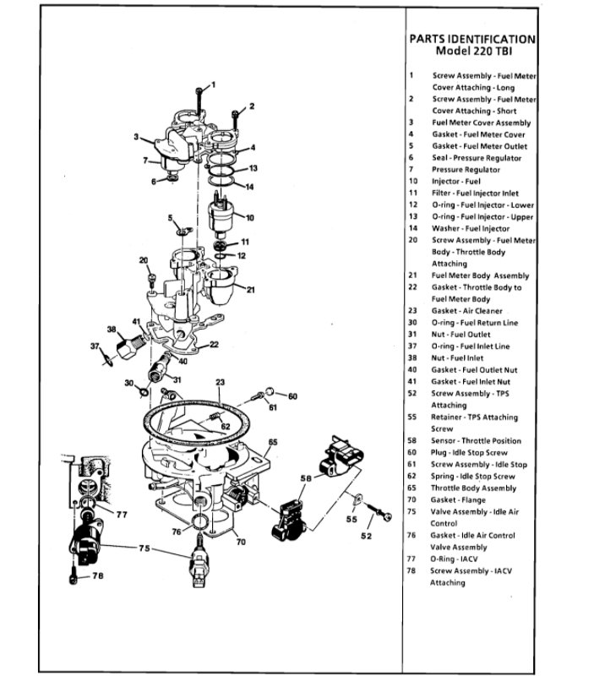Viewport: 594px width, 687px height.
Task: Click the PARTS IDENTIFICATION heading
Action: pos(471,38)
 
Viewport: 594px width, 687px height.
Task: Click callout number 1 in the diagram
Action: pos(213,85)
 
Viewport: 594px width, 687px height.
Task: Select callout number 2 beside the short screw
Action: pos(251,106)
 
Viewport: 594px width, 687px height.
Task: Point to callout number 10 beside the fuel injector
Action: pos(250,218)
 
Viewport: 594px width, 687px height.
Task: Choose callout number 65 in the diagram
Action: pos(273,442)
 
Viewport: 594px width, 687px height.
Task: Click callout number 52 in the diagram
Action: pos(366,536)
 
